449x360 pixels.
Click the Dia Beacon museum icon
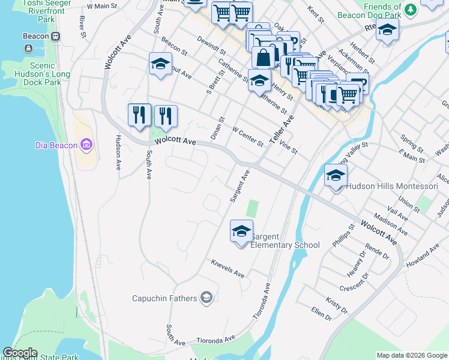(x=87, y=145)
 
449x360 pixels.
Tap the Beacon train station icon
(x=55, y=36)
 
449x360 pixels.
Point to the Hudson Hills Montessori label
(x=393, y=186)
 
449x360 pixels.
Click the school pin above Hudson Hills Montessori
(x=336, y=176)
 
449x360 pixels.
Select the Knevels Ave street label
(x=228, y=268)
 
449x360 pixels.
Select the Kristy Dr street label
(x=336, y=304)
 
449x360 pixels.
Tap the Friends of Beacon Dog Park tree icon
(x=410, y=9)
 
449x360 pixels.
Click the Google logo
(x=20, y=353)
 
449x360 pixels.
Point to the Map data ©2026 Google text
(x=411, y=355)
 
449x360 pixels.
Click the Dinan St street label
(x=217, y=128)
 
